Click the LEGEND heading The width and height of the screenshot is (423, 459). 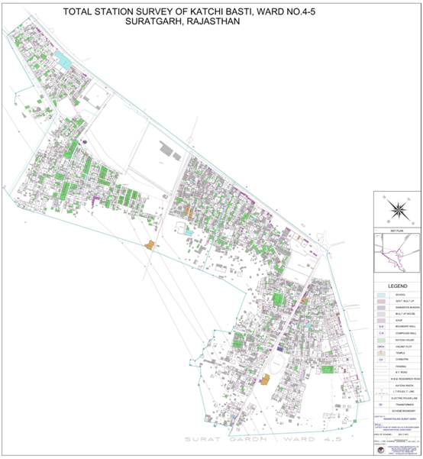click(397, 285)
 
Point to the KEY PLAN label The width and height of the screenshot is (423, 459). click(397, 230)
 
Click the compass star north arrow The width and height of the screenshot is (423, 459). click(397, 208)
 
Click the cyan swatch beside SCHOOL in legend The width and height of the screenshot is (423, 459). click(380, 294)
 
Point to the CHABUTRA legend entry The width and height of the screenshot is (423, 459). click(402, 359)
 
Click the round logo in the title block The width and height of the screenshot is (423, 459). click(379, 450)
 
